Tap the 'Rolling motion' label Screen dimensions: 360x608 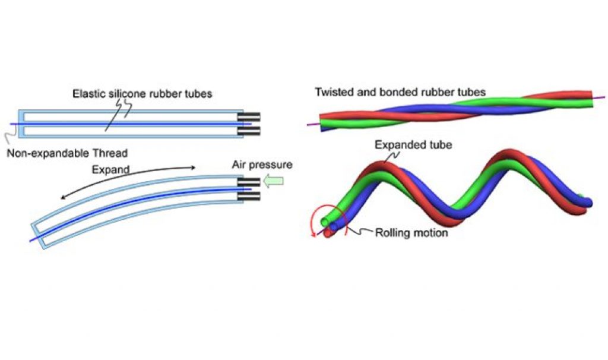411,232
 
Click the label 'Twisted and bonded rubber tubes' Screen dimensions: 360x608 400,92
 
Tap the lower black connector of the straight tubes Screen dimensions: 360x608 249,130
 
